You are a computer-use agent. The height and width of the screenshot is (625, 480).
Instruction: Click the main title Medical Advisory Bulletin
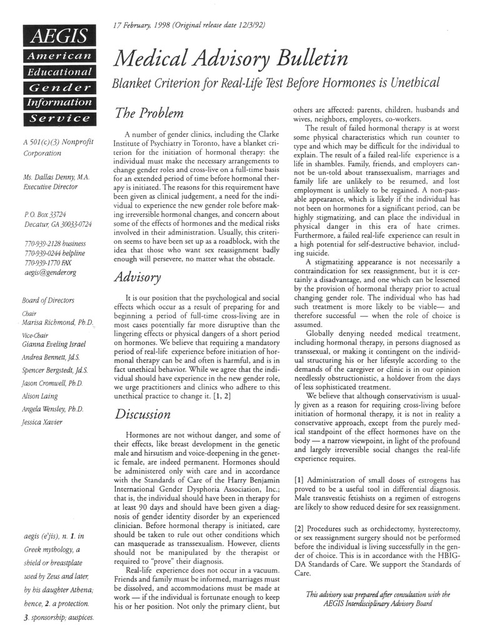(x=231, y=59)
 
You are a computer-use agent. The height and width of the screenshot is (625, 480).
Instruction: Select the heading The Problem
(x=148, y=113)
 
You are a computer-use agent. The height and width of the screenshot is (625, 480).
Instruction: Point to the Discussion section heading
(x=143, y=414)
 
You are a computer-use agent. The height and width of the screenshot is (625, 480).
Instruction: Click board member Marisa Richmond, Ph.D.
(x=57, y=322)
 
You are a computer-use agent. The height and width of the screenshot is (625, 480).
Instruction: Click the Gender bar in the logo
(x=57, y=87)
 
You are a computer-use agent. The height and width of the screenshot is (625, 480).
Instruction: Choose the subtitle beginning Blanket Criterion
(x=276, y=82)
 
